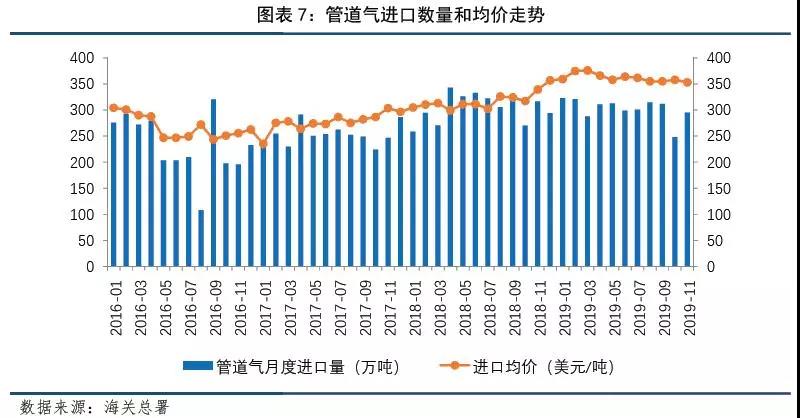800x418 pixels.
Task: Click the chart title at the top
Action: point(400,15)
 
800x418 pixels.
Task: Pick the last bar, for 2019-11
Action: point(687,189)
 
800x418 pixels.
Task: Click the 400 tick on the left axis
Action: point(82,58)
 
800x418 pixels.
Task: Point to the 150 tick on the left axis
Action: point(82,188)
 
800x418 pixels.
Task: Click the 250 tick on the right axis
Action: point(717,136)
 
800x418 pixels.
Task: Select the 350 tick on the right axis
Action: point(717,84)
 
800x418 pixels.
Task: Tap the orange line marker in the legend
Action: point(443,367)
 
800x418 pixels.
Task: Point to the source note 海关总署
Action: point(130,406)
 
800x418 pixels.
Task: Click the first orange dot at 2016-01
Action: point(113,107)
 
